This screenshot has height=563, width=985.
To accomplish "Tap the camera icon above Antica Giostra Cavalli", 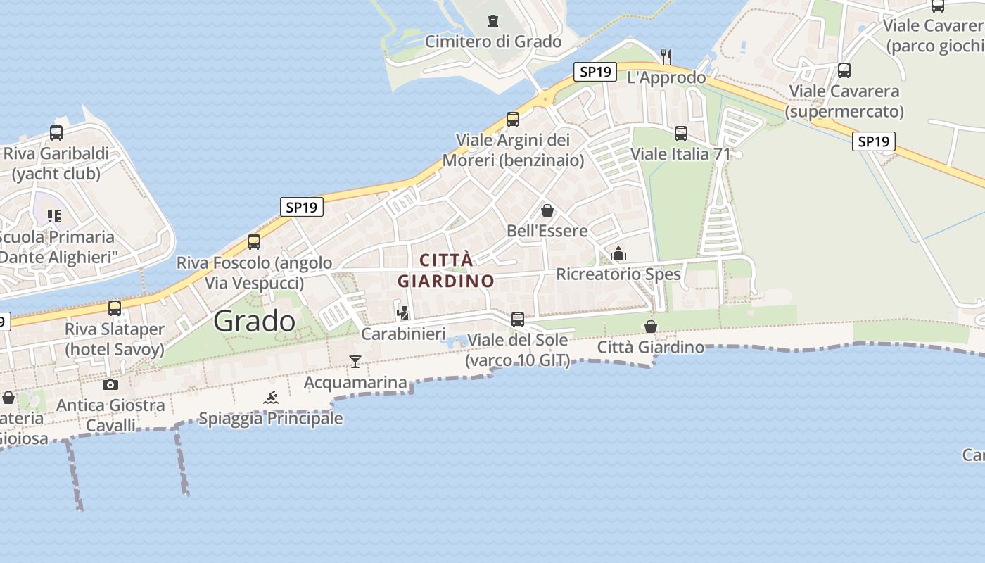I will pos(110,384).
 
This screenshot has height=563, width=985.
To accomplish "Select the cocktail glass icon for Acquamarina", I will pos(355,362).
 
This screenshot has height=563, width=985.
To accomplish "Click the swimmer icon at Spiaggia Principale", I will pos(271,398).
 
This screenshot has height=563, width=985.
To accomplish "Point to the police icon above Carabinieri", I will pos(403,313).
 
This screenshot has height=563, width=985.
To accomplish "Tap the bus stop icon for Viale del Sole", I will pos(518,319).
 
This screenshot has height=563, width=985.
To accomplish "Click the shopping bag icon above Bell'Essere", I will pos(547,210).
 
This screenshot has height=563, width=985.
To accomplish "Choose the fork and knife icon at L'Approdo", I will pos(666,56).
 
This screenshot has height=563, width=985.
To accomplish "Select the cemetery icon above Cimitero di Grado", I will pos(493,21).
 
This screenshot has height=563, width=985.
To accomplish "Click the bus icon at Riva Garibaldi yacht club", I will pos(56,132).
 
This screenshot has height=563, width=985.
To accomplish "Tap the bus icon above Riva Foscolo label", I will pos(254,242).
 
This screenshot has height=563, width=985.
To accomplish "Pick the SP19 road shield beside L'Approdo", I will pos(595,72).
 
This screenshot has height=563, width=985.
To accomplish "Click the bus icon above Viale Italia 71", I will pos(680,133).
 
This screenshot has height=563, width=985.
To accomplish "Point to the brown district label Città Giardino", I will pos(446,270).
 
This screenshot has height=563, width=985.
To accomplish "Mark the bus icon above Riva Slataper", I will pos(114,308).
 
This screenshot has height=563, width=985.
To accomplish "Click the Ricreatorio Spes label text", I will pos(618,274).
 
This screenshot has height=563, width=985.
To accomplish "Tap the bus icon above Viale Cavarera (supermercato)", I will pos(844,70).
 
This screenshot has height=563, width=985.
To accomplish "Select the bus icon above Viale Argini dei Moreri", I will pos(513,119).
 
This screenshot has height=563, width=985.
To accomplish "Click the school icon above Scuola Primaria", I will pos(54,216).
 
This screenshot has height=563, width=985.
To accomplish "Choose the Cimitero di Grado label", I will pos(493,42).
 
